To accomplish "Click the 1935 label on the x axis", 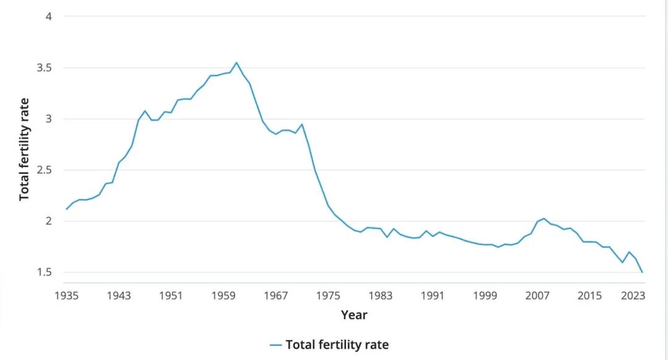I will click(67, 295).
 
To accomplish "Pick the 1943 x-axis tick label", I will click(119, 295).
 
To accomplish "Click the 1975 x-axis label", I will click(328, 295).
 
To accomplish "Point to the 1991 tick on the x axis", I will click(433, 295).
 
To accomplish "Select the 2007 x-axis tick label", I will click(537, 295).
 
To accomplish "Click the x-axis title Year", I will click(354, 315).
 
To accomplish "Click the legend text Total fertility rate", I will click(337, 345).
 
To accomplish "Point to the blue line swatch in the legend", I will click(276, 345).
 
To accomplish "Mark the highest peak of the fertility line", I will click(236, 62).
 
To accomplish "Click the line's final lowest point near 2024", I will click(642, 272).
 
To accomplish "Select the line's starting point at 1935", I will click(67, 209).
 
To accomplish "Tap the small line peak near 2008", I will click(544, 218).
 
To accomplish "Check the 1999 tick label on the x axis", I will click(485, 295).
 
